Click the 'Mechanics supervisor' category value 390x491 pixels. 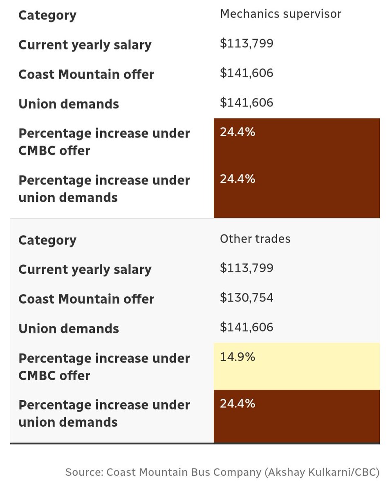click(280, 14)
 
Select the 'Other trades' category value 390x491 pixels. click(255, 239)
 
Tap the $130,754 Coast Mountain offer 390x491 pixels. click(247, 297)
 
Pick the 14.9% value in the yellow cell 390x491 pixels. click(238, 357)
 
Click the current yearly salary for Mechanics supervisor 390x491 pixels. click(247, 43)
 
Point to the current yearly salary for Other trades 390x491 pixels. click(247, 268)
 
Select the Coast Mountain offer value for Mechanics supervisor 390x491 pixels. click(247, 73)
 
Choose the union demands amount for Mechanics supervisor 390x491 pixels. click(247, 102)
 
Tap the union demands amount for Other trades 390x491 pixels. click(247, 327)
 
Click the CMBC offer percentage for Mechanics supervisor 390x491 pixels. click(238, 132)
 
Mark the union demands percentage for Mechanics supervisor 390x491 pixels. click(238, 179)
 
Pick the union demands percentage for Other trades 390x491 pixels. click(238, 404)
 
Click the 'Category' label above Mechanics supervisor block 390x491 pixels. click(47, 16)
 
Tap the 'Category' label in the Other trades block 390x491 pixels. click(47, 240)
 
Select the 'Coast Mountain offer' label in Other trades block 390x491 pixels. click(86, 299)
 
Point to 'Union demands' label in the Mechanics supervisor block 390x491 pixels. click(69, 104)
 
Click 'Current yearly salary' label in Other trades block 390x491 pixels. click(85, 270)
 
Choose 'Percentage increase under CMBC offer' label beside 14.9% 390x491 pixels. click(104, 367)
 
